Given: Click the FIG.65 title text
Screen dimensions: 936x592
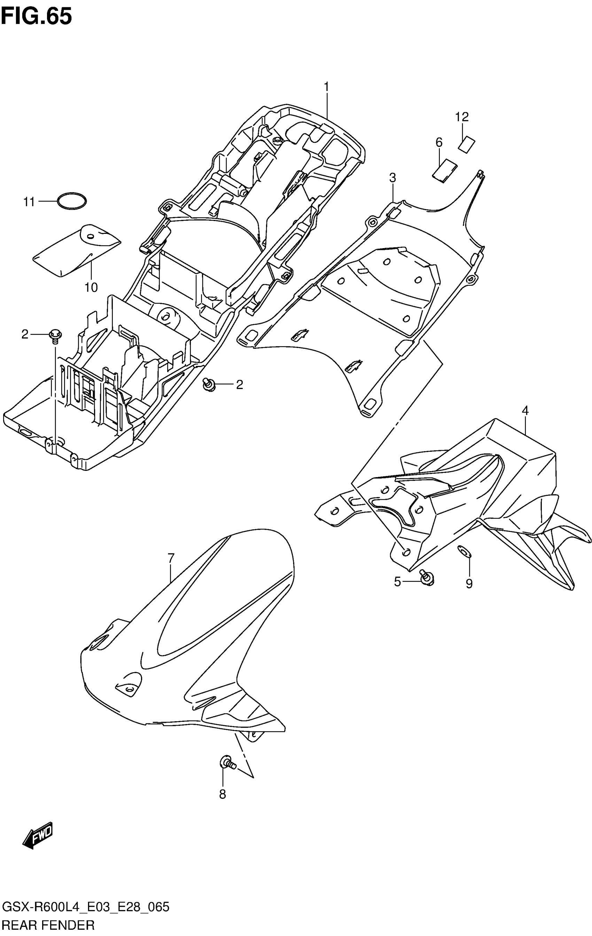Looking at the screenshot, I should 37,16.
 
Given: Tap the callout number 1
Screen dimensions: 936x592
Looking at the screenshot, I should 326,86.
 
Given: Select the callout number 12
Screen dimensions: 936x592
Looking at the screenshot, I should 462,117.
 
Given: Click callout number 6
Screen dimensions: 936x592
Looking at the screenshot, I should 438,143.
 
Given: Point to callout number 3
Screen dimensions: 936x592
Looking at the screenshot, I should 392,178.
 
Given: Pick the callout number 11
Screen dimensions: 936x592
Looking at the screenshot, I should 29,202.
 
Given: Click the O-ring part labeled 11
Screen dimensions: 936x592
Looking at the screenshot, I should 72,201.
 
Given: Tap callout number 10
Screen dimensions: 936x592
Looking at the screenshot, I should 91,287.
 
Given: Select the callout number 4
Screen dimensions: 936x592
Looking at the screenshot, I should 525,410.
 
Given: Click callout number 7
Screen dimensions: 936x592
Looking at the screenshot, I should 171,558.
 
